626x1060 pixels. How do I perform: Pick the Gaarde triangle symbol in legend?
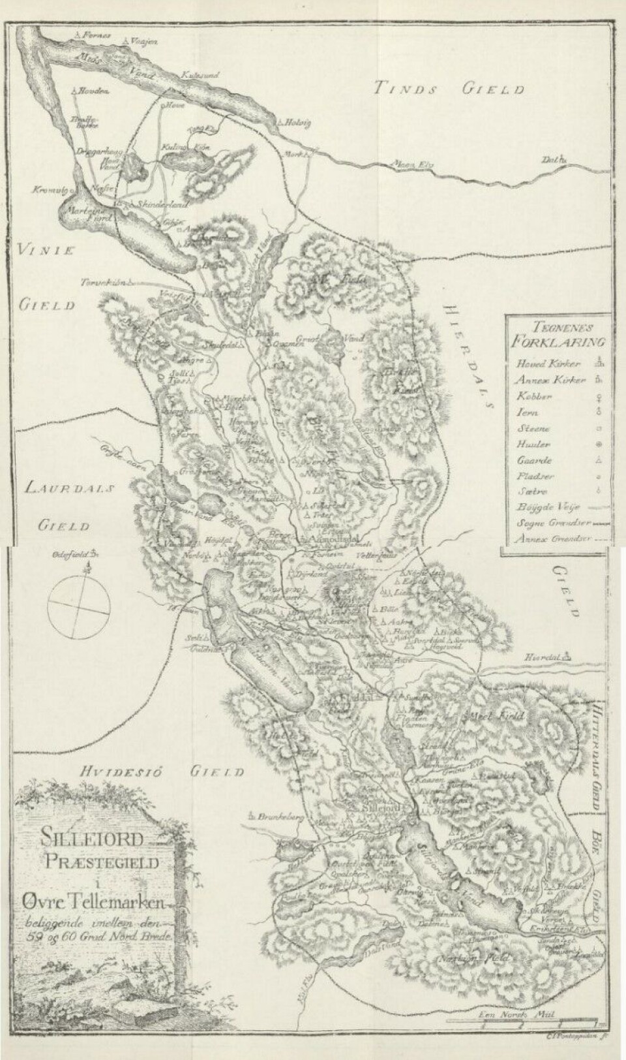tap(597, 460)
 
